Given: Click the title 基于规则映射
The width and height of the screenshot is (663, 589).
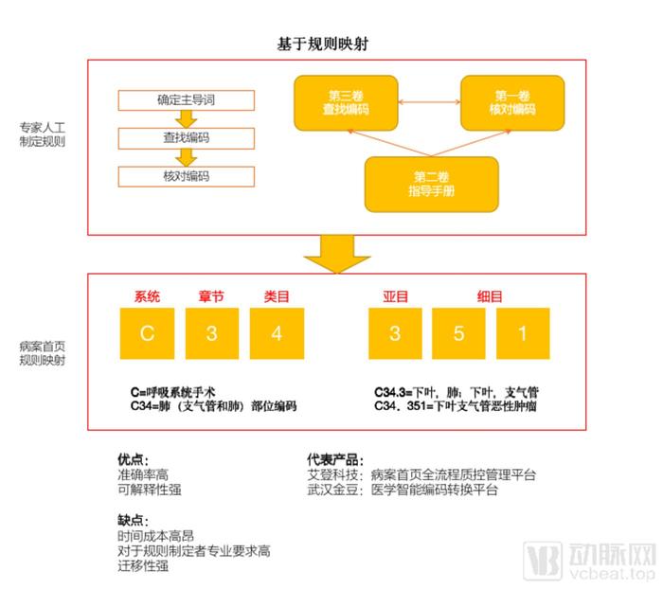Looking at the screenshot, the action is tap(323, 44).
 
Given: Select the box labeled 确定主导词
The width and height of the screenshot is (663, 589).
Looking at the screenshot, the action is tap(186, 100).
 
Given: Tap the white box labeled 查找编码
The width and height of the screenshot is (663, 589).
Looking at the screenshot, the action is tap(186, 138).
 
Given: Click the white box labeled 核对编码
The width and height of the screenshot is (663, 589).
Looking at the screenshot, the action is tap(186, 176).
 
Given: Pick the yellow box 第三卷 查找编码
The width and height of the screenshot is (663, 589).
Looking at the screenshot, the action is tap(346, 103).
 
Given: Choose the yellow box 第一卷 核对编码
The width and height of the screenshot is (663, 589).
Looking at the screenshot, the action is tap(512, 103).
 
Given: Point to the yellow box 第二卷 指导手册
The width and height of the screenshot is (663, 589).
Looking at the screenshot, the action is tap(431, 184).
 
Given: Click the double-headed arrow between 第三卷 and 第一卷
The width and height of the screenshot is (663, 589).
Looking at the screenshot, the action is tap(429, 102).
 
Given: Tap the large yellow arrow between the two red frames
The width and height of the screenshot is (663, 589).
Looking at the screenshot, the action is tap(337, 254).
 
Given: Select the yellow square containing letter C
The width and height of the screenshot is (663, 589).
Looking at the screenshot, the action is tap(147, 333).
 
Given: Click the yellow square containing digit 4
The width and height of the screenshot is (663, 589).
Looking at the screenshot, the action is tap(277, 333).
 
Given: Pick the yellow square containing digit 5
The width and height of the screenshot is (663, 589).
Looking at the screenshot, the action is tap(458, 333).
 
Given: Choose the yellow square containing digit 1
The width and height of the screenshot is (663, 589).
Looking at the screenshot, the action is tap(523, 333).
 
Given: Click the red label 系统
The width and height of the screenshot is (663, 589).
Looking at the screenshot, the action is tap(147, 296).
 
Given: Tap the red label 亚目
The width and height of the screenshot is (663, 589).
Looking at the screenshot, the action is tap(395, 296).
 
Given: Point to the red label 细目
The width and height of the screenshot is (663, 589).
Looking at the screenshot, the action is tap(490, 296).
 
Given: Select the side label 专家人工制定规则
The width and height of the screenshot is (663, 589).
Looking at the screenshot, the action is tap(43, 134).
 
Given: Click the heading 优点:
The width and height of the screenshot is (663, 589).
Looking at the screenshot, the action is tap(134, 459).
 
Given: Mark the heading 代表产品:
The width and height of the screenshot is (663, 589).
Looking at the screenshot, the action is tap(335, 459).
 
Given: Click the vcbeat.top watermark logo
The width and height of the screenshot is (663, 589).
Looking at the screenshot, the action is tap(589, 561).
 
